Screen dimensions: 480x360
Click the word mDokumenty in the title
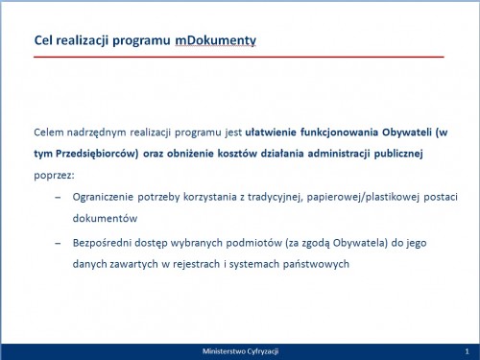click(x=215, y=40)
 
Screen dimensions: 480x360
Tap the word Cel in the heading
click(x=43, y=40)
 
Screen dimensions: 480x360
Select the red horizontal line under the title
click(x=239, y=57)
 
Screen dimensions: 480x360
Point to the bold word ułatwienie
click(x=271, y=132)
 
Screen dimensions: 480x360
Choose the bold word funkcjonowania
click(x=339, y=132)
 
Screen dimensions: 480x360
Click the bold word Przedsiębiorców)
click(x=97, y=154)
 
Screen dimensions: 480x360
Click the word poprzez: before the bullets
click(x=54, y=176)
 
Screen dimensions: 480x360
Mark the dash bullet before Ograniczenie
click(x=58, y=198)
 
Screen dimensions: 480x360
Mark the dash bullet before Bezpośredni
click(x=58, y=244)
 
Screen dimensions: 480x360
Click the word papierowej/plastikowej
click(x=363, y=197)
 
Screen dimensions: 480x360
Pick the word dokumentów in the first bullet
click(x=105, y=218)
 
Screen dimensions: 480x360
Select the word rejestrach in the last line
click(x=196, y=264)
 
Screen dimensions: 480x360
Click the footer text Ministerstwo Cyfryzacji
click(x=240, y=351)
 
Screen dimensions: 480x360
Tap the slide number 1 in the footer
click(x=467, y=351)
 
